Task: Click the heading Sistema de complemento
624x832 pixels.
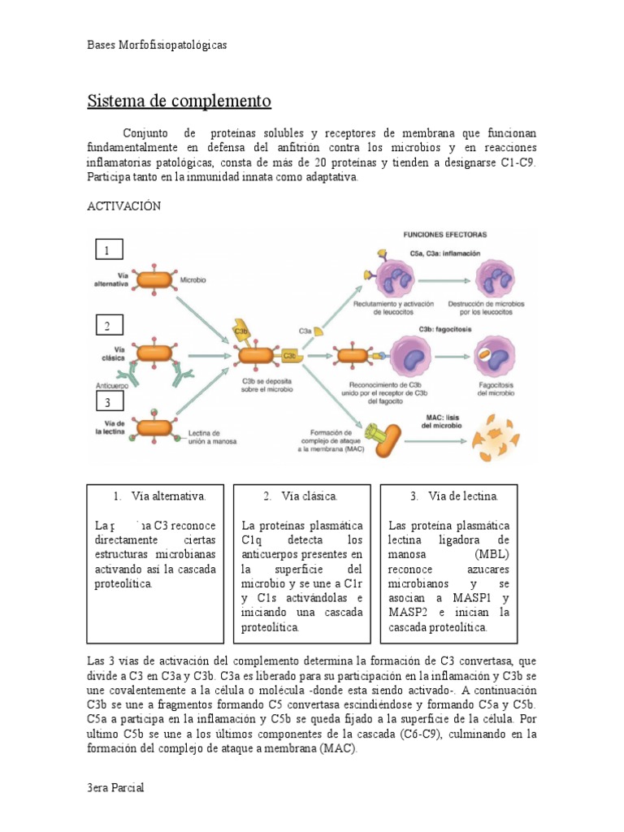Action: tap(179, 102)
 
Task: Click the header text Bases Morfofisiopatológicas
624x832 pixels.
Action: tap(157, 45)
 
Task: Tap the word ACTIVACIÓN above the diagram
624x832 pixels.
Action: tap(124, 206)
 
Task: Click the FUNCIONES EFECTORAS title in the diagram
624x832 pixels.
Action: tap(445, 234)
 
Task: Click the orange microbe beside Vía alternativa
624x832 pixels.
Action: tap(153, 279)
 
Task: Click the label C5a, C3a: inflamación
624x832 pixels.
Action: tap(445, 253)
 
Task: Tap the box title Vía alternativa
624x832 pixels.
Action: tap(160, 496)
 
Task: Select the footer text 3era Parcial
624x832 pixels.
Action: tap(115, 789)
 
